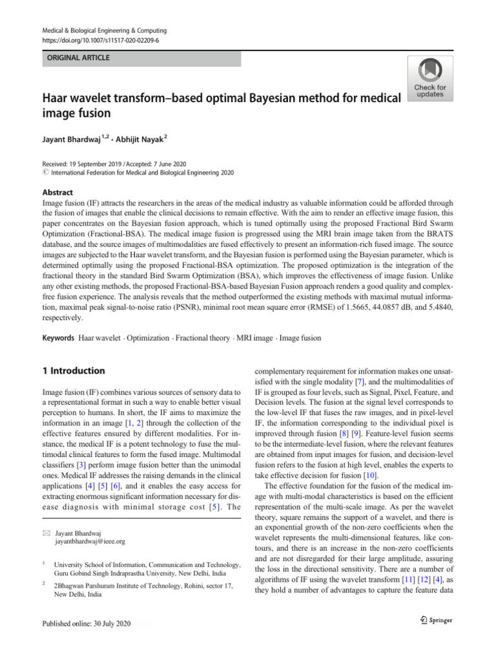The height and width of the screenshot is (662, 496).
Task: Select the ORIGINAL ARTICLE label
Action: tap(77, 58)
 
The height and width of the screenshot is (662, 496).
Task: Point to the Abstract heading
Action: tap(57, 192)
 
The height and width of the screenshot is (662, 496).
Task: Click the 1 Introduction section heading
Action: tap(73, 370)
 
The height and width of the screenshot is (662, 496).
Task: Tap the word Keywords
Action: tap(58, 338)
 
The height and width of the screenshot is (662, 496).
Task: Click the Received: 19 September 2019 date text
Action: tap(79, 164)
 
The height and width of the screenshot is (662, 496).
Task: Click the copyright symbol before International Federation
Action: tap(45, 173)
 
